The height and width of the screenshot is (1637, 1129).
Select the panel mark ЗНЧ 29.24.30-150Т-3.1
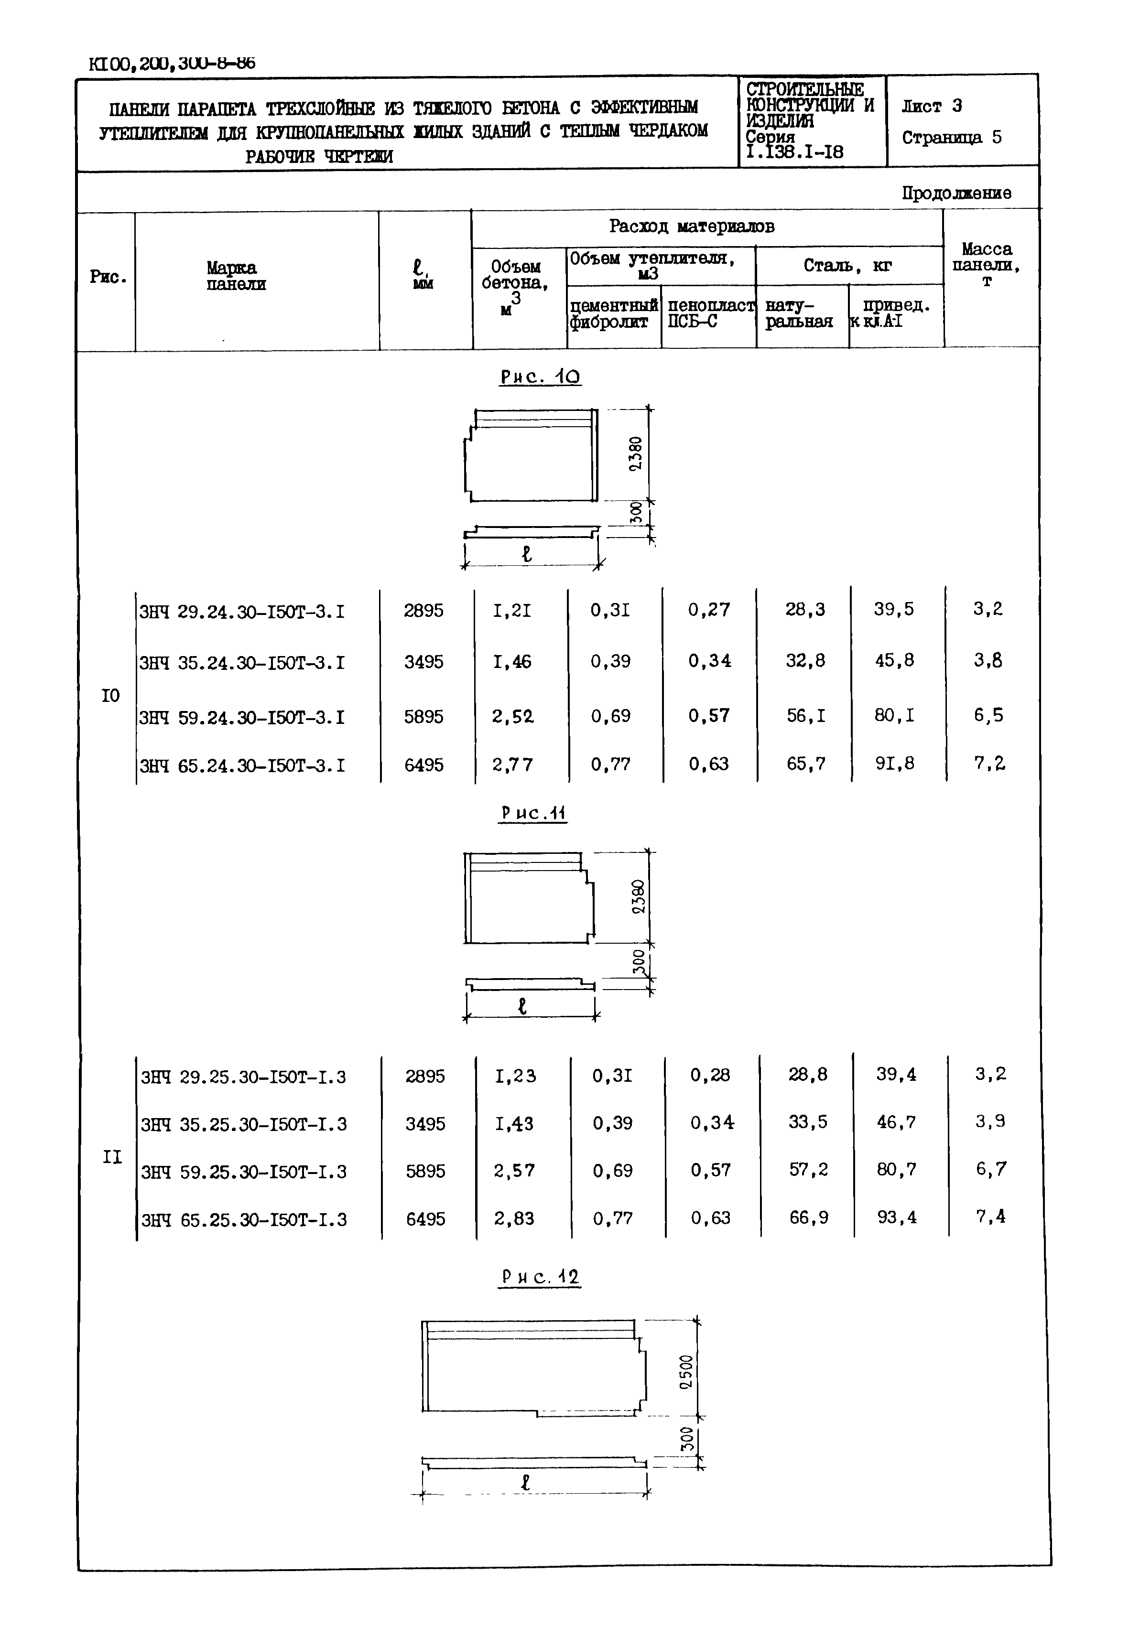tap(242, 611)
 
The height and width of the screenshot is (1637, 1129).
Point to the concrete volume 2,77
tap(513, 765)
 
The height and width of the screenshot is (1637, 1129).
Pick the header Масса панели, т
tap(987, 264)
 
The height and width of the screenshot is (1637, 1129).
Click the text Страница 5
tap(952, 137)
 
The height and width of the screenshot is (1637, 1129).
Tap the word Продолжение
tap(956, 193)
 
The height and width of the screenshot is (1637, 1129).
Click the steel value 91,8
tap(894, 764)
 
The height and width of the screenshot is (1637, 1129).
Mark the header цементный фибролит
tap(613, 314)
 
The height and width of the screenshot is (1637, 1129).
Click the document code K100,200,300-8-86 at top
tap(172, 64)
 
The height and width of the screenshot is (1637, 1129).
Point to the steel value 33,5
tap(807, 1122)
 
